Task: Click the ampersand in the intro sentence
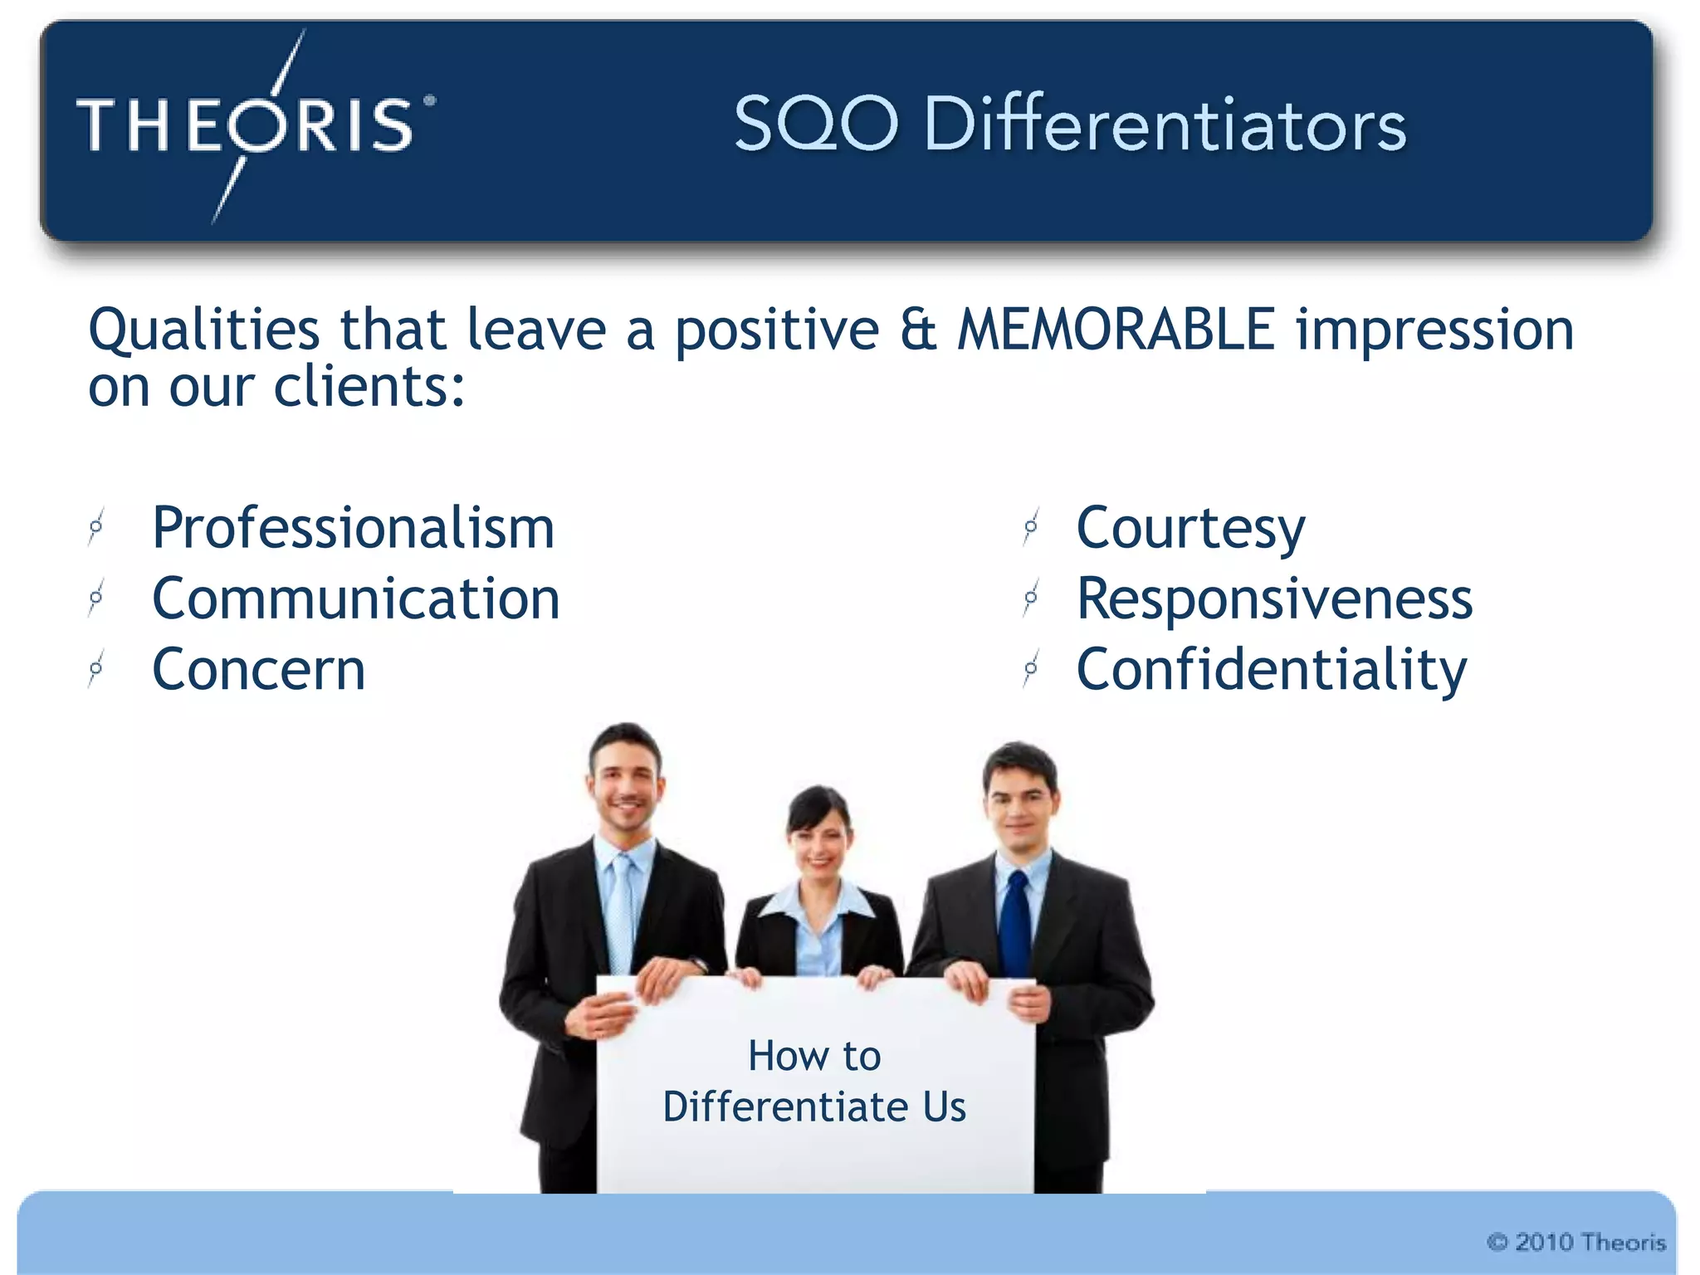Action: pos(917,330)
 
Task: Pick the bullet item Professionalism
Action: pos(353,528)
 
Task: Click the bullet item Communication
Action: pos(355,598)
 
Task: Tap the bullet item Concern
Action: pos(258,669)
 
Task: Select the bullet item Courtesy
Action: pos(1190,528)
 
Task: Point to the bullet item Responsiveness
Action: pos(1274,598)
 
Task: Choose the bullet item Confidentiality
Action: pos(1271,669)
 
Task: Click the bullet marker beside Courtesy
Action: pos(1031,527)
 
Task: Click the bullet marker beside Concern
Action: pos(96,668)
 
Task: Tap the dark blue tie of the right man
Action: pos(1014,926)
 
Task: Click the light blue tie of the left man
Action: pos(621,913)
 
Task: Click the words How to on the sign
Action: pos(814,1056)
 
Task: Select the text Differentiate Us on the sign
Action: pos(814,1107)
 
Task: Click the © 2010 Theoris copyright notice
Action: pos(1576,1242)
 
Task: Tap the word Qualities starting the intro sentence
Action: pos(203,330)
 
